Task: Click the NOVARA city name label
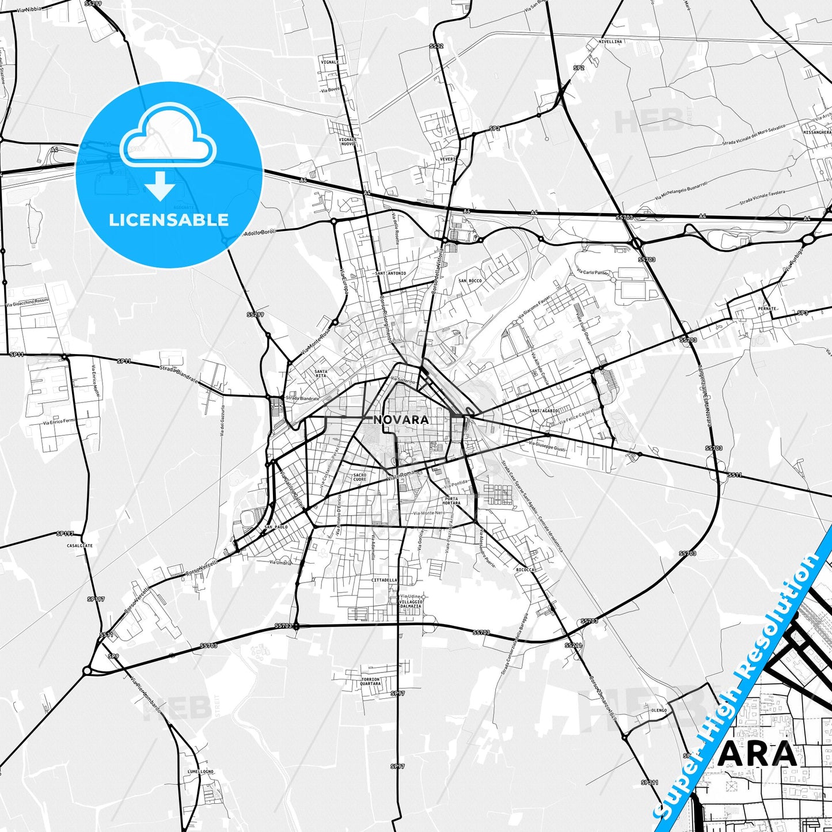[401, 420]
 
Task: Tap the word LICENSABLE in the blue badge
[169, 219]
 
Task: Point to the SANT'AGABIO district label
[544, 411]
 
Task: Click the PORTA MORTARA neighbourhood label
[452, 500]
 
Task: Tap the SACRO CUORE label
[359, 477]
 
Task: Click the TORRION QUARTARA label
[370, 682]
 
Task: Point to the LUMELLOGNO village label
[200, 772]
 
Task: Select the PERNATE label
[768, 309]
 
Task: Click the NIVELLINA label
[610, 42]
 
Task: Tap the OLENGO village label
[659, 711]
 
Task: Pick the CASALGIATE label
[79, 545]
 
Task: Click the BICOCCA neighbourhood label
[525, 569]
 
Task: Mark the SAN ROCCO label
[470, 280]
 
